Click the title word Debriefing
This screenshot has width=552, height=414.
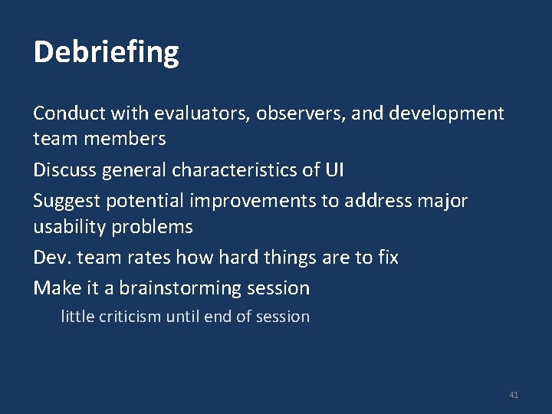(x=107, y=53)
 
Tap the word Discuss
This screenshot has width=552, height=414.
(x=64, y=170)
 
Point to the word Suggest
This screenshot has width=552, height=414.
(x=67, y=202)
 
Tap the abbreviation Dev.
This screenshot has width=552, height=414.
(x=51, y=258)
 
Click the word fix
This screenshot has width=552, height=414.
(x=387, y=258)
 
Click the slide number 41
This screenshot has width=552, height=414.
(x=514, y=395)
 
